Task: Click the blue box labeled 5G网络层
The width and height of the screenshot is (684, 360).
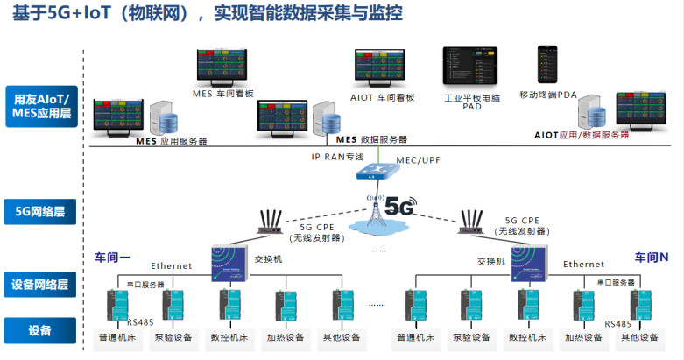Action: coord(39,211)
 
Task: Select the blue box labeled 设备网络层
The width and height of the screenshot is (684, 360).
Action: coord(39,285)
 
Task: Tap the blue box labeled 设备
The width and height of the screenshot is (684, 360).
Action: coord(39,330)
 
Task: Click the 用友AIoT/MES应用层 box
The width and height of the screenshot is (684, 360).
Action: coord(39,107)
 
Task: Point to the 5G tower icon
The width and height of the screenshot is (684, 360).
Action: coord(383,211)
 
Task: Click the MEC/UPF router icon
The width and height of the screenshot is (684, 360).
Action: coord(376,171)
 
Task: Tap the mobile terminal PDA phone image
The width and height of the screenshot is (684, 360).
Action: coord(547,65)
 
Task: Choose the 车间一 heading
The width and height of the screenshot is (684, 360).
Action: coord(112,258)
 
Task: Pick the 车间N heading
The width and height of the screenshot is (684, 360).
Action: coord(651,258)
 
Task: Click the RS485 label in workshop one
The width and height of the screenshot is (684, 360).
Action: coord(139,321)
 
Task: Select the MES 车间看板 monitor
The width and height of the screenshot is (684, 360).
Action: coord(222,66)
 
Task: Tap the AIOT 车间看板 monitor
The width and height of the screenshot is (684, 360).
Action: coord(385,67)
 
